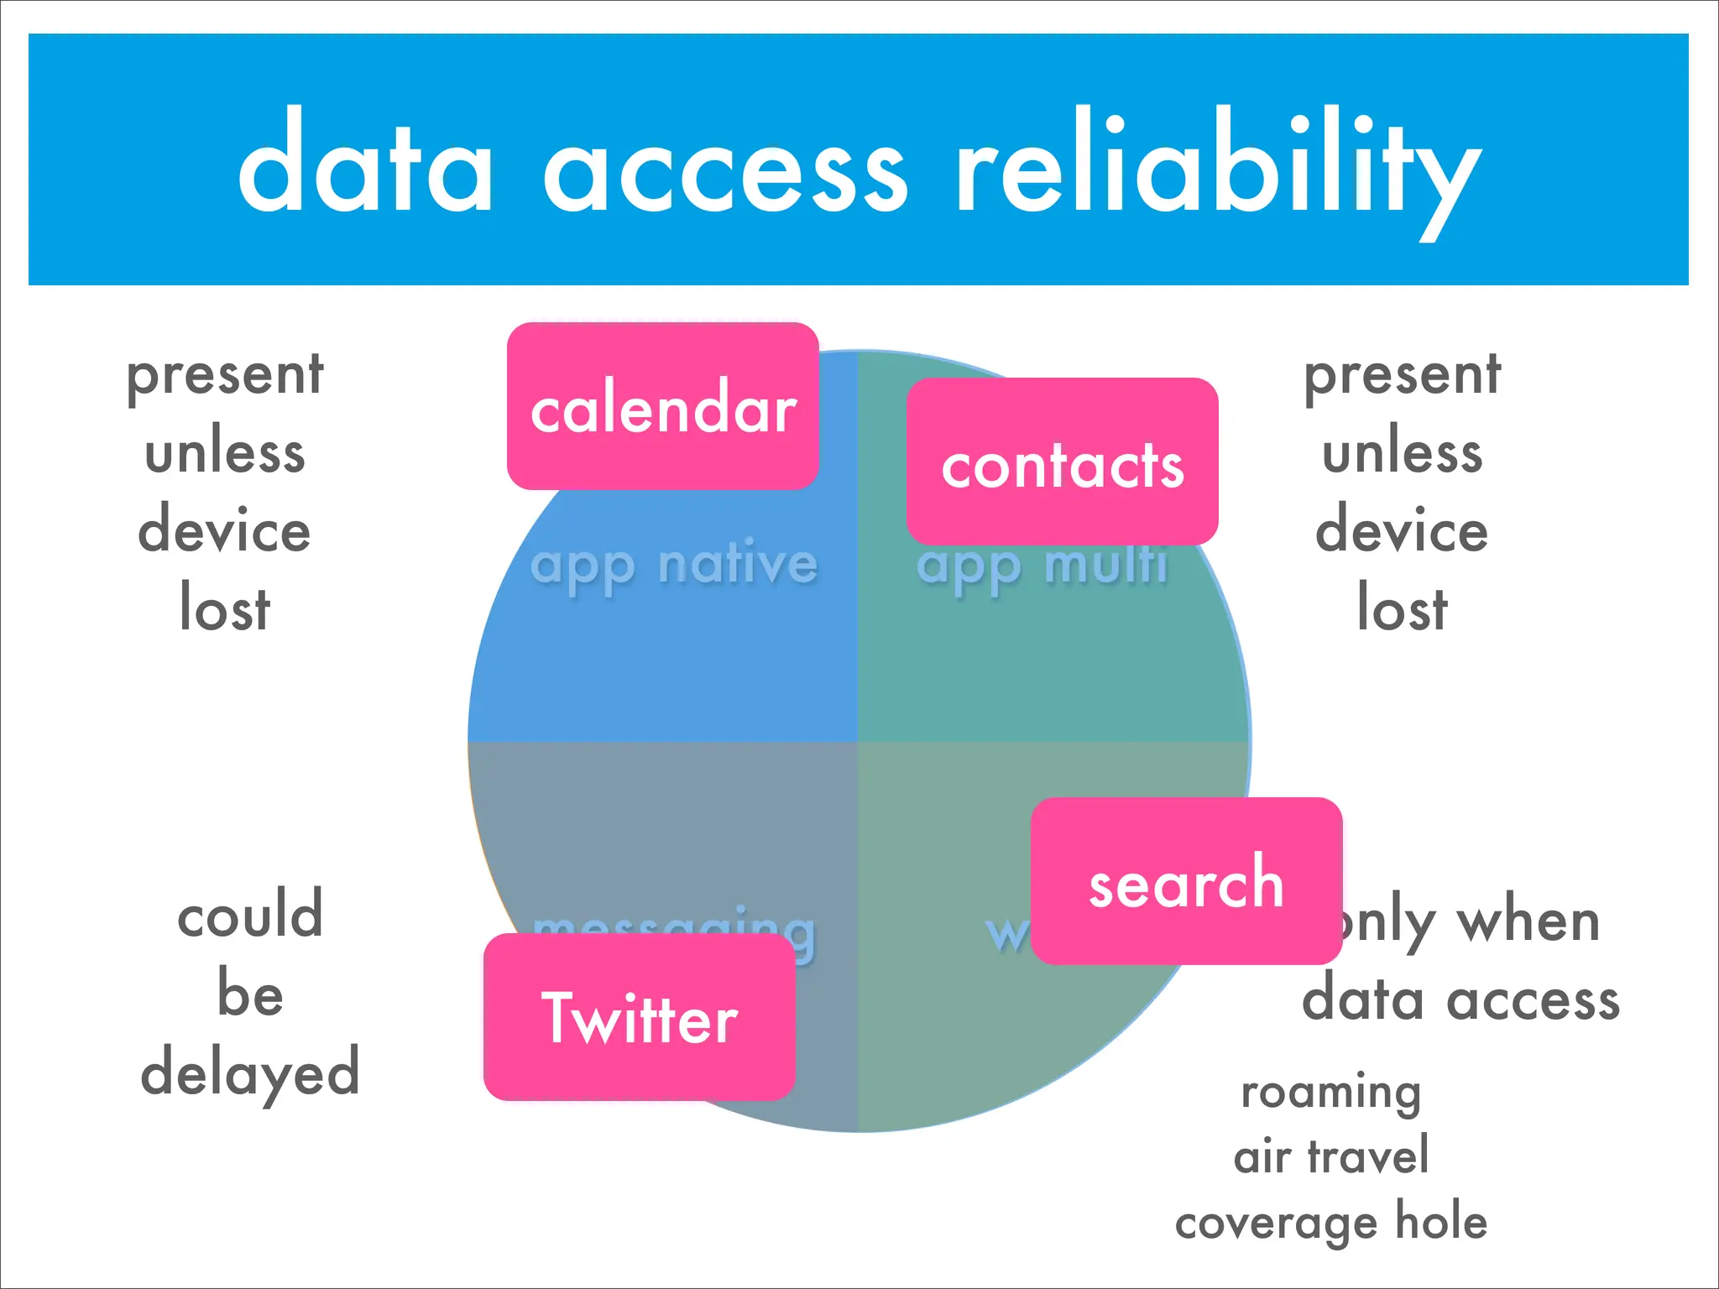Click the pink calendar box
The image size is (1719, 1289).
click(662, 406)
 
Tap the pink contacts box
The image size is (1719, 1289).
click(1062, 462)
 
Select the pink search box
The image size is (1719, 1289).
click(1185, 881)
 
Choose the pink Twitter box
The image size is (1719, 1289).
click(639, 1017)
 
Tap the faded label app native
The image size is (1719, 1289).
click(674, 565)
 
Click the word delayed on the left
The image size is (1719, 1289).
click(249, 1073)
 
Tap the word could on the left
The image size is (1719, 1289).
click(249, 915)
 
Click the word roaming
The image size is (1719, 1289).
click(1331, 1093)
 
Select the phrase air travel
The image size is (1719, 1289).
click(1331, 1156)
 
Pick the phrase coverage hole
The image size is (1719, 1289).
click(1331, 1222)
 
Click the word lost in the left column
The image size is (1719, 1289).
click(225, 607)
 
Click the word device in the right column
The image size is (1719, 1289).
click(1402, 530)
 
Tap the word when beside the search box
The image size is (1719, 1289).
click(1528, 921)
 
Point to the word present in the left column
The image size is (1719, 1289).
click(225, 375)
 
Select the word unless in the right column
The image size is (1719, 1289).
click(1402, 453)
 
